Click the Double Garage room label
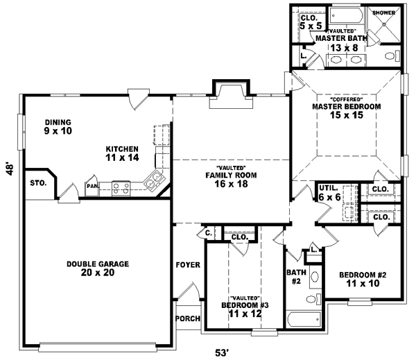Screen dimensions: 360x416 tap(98, 268)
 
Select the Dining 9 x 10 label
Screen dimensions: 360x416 tap(58, 126)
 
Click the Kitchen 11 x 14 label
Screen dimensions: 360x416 tap(122, 153)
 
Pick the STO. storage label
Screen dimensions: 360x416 tap(38, 183)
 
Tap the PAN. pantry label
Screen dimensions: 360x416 tap(92, 185)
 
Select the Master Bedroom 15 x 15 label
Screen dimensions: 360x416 tap(346, 110)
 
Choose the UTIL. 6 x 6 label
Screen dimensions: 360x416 tap(329, 193)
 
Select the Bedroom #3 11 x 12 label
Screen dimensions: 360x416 tap(240, 309)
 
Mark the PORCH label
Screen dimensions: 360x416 tap(187, 319)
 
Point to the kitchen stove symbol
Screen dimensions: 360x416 tap(121, 186)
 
